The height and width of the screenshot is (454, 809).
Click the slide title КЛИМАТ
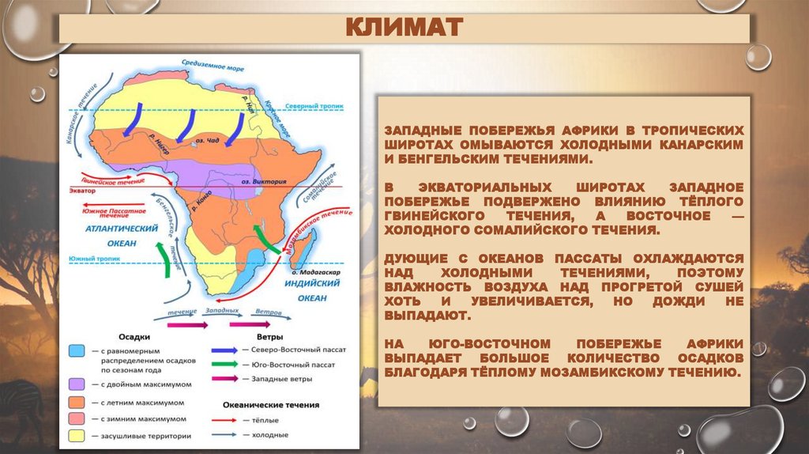404,29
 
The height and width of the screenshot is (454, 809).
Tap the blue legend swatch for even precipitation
77,349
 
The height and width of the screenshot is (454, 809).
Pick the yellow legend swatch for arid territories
77,434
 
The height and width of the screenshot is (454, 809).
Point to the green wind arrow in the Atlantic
166,258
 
